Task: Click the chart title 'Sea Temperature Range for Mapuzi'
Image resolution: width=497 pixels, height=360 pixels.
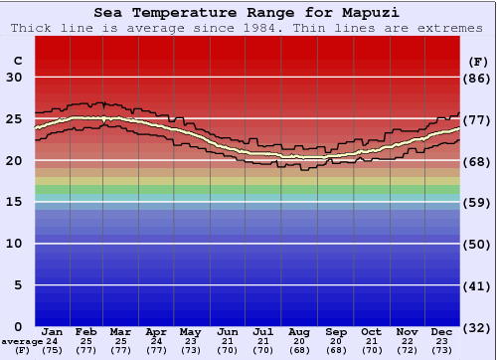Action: [248, 13]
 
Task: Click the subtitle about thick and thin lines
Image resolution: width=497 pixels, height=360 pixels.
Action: [248, 28]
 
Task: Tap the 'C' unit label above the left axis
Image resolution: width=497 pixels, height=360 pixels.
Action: [17, 61]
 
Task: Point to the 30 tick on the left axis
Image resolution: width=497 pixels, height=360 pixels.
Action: [14, 78]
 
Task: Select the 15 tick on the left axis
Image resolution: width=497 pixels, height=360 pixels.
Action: [14, 202]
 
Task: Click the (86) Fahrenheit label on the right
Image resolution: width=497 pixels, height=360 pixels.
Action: [479, 78]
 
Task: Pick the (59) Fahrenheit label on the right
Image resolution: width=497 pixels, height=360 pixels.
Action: [479, 202]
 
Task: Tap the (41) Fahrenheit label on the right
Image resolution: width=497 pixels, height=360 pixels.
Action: [479, 285]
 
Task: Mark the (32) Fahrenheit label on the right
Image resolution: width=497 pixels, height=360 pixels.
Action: [479, 327]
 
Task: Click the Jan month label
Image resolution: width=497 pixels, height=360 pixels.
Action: [53, 331]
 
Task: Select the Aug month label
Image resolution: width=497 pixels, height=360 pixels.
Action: [300, 331]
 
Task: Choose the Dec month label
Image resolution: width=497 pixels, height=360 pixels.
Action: [442, 331]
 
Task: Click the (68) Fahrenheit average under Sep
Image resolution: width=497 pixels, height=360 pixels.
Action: [336, 350]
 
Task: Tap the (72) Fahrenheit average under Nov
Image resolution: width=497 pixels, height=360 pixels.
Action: [407, 350]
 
